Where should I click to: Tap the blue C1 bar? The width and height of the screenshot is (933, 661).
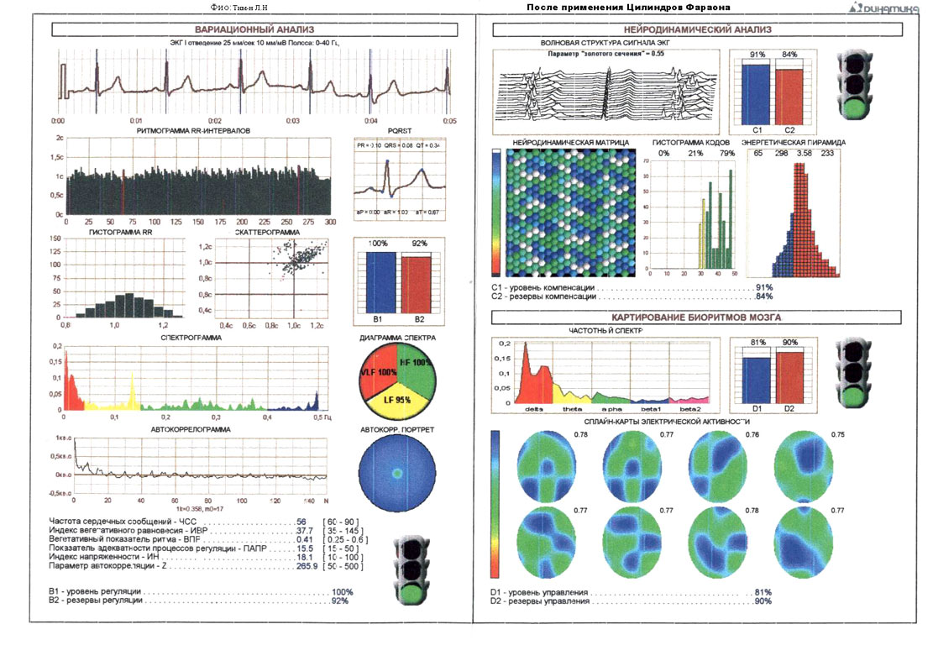[756, 94]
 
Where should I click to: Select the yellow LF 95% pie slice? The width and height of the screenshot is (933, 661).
[397, 399]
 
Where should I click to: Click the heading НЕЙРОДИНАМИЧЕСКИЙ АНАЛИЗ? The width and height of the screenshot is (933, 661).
[704, 30]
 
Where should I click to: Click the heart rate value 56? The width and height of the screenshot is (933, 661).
[301, 522]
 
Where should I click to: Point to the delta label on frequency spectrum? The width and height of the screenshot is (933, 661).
[533, 408]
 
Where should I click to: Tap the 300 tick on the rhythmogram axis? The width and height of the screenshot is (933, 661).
[330, 223]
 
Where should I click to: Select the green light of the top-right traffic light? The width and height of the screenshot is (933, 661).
[857, 108]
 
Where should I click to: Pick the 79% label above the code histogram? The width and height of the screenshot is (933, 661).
[726, 153]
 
